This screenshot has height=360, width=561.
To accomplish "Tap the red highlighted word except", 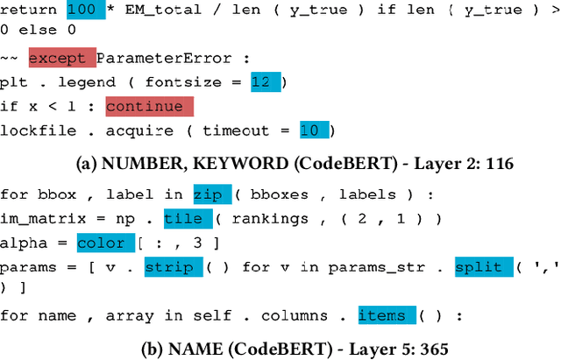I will point(58,58).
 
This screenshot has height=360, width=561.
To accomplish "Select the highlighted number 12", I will point(261,82).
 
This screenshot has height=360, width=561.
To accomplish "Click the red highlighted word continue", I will point(145,107).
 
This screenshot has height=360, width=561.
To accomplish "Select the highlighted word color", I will point(102,243).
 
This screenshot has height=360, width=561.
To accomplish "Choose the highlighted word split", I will point(478,267).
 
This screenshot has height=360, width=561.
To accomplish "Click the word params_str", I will point(354,267).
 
